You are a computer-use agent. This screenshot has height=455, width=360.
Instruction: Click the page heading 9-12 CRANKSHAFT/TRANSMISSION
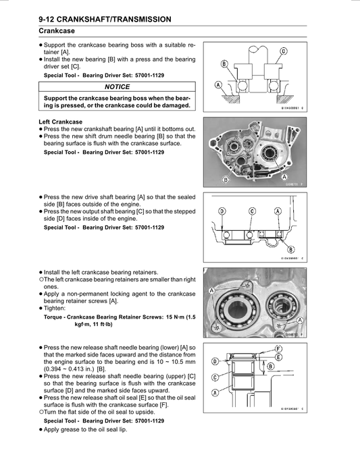pos(105,20)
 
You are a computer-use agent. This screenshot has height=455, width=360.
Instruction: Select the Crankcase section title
pos(57,31)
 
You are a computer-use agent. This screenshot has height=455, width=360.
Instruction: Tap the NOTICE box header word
pos(117,87)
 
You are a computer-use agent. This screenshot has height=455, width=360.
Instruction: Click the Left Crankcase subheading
pos(60,122)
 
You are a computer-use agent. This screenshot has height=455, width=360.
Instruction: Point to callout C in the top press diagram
pos(284,51)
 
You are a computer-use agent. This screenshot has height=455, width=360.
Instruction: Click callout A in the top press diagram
pos(218,85)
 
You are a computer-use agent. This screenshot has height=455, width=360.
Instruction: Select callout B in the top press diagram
pos(224,64)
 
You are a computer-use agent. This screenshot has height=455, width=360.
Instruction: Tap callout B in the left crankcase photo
pos(226,180)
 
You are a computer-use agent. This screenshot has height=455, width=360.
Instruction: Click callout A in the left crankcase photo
pos(284,176)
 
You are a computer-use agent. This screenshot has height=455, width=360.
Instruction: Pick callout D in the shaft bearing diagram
pos(222,211)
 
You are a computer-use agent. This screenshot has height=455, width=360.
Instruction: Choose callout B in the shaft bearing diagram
pos(290,249)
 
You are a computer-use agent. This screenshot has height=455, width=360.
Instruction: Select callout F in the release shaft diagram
pos(278,349)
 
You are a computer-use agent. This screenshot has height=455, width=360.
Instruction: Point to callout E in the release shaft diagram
pos(278,357)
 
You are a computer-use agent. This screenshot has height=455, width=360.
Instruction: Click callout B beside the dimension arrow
pos(270,367)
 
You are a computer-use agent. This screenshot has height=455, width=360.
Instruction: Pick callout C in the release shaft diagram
pos(215,377)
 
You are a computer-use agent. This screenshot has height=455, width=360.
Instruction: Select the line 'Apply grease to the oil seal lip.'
pos(85,429)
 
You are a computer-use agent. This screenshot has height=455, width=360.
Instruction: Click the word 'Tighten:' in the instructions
pos(55,308)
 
